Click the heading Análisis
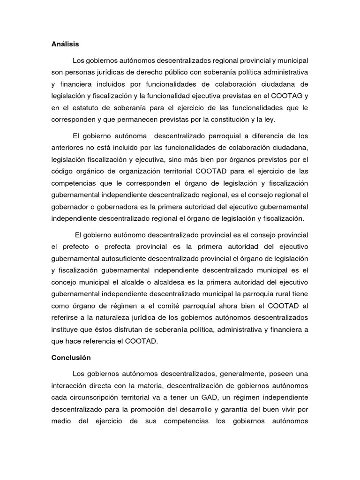65,45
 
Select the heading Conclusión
71,358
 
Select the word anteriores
67,148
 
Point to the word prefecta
120,247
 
